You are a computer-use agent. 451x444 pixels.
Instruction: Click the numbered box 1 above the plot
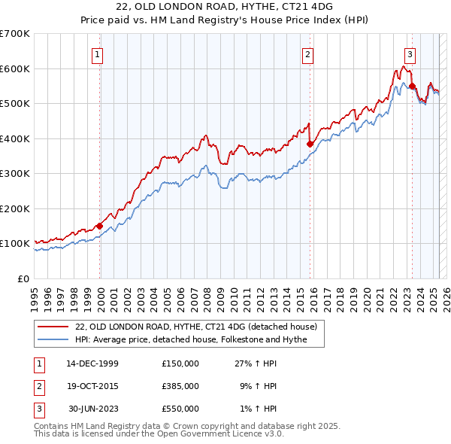98,53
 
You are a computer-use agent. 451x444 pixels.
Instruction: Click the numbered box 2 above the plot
308,53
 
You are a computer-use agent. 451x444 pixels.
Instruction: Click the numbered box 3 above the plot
410,53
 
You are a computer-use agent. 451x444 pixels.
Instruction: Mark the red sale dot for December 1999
99,226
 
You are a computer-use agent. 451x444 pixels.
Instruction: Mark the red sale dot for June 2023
412,87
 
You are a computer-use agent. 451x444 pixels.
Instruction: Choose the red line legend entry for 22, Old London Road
196,327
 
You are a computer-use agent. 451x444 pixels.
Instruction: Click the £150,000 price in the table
180,363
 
